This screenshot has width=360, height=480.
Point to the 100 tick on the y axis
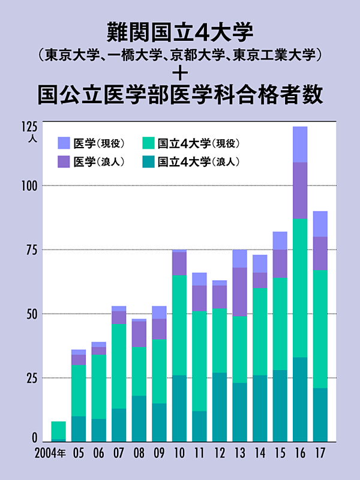31,185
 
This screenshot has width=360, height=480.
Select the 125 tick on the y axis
31,127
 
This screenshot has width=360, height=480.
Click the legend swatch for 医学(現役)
64,143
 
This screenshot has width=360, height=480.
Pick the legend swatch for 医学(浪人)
64,161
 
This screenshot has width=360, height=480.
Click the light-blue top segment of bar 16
300,145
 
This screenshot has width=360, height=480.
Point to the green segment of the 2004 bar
58,430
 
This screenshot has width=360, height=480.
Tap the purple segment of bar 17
320,253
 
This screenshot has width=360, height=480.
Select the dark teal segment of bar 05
79,429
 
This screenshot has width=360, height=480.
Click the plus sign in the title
180,74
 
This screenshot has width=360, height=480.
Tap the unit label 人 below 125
32,139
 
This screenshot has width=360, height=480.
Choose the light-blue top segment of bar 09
159,312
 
